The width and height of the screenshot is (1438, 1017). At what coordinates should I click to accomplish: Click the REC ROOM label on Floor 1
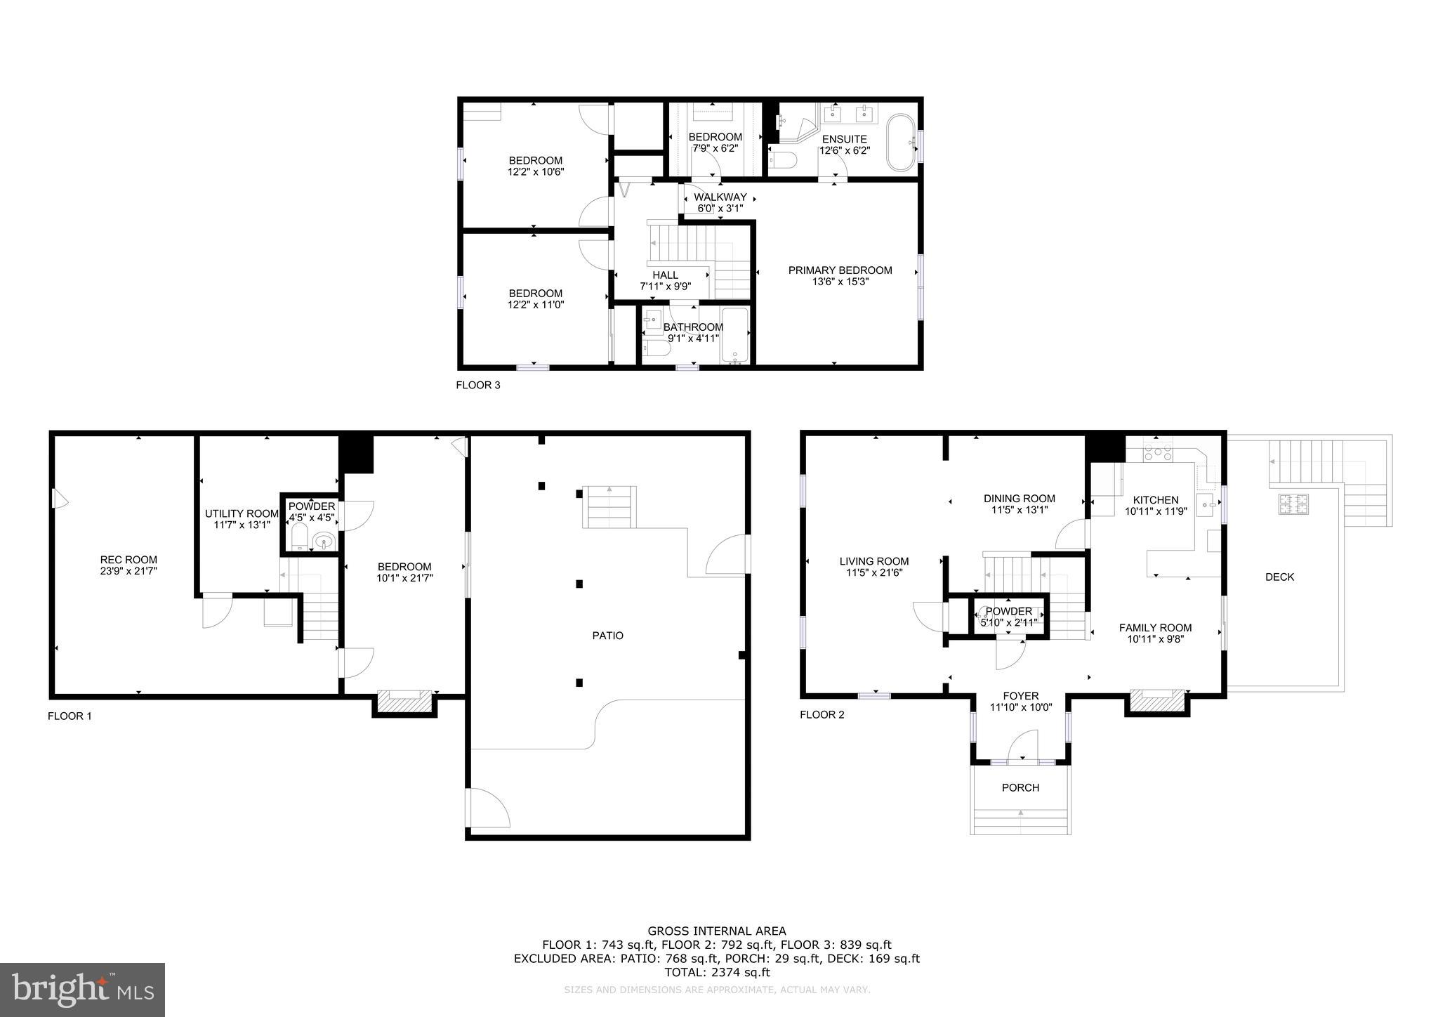coord(128,560)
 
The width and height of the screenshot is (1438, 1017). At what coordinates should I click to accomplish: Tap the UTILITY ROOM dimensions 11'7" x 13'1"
coord(242,524)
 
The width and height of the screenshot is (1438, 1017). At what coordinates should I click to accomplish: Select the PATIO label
coord(607,636)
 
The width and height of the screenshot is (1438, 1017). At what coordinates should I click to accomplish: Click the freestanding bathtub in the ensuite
coord(901,143)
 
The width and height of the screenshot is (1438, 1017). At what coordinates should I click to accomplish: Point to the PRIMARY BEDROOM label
coord(840,270)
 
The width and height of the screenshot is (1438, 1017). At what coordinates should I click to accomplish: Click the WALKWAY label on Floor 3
coord(720,197)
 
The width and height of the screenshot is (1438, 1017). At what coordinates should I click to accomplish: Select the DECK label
coord(1279,577)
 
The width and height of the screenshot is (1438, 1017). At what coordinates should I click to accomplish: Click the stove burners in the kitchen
coord(1158,452)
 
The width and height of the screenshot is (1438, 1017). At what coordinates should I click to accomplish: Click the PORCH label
coord(1020,788)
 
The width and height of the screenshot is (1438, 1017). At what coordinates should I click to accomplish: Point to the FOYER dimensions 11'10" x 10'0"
coord(1020,707)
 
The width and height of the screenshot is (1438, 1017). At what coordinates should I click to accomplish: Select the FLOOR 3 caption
coord(478,385)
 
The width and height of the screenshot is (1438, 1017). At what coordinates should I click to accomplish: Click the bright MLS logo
coord(83,990)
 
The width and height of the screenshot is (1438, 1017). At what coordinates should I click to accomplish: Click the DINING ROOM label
coord(1019,499)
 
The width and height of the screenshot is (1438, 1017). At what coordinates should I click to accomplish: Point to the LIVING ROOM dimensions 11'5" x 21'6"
coord(873,572)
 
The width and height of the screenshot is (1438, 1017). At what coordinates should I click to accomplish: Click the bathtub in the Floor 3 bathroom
coord(735,336)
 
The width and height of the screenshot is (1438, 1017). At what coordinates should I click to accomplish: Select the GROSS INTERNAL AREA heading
coord(717,932)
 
